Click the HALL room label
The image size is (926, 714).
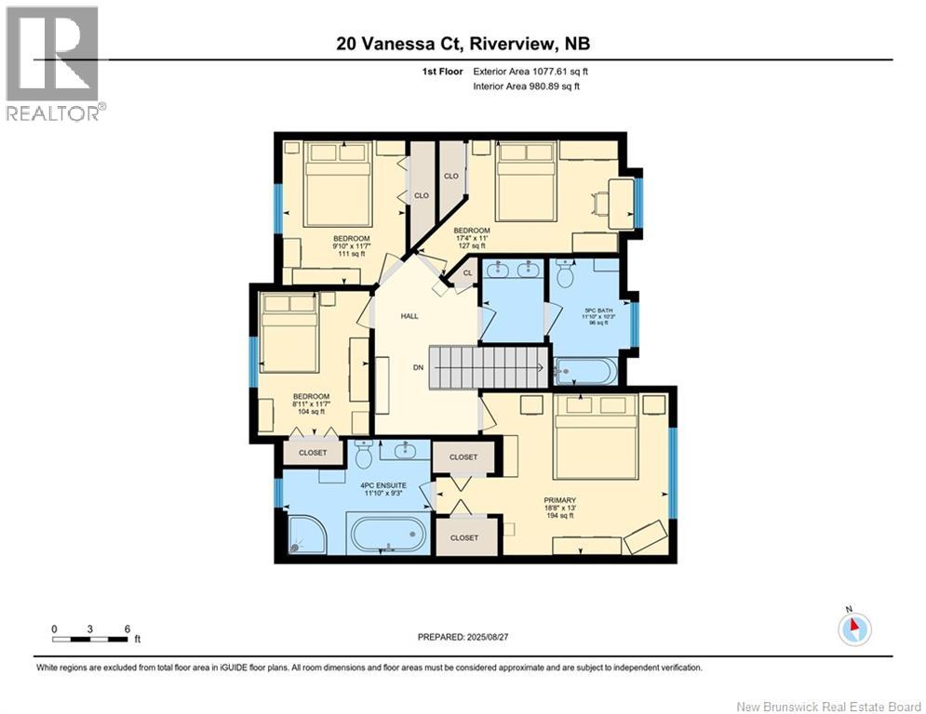[x=409, y=316]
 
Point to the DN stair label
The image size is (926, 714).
[x=419, y=367]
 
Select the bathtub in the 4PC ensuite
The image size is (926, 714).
[x=388, y=535]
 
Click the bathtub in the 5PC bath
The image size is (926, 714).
[x=583, y=372]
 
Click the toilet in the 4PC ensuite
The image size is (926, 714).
[x=364, y=455]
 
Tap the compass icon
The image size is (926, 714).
[x=853, y=628]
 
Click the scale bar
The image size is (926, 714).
[x=90, y=639]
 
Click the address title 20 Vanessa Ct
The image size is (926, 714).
[x=463, y=44]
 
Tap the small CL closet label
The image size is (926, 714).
[x=467, y=272]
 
